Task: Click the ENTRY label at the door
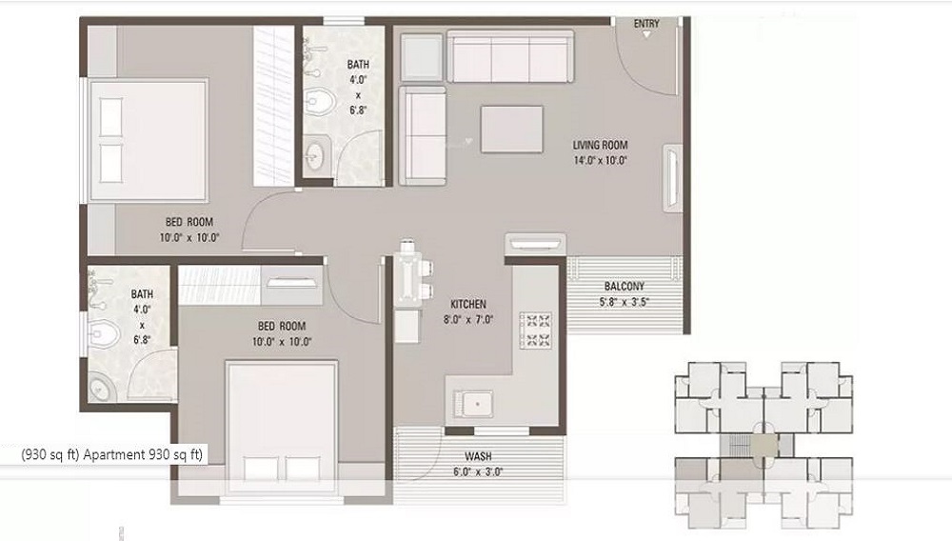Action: tap(646, 23)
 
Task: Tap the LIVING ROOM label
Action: tap(600, 145)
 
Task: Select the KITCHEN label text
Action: tap(467, 304)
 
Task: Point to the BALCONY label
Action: tap(625, 286)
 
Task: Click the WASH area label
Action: tap(478, 456)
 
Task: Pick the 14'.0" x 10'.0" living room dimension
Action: tap(600, 160)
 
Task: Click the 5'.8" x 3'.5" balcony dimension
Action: tap(625, 302)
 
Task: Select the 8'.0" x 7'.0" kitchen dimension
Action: tap(467, 320)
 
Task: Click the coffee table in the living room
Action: tap(512, 129)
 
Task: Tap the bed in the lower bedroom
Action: tap(283, 426)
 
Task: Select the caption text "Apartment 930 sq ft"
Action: tap(144, 455)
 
